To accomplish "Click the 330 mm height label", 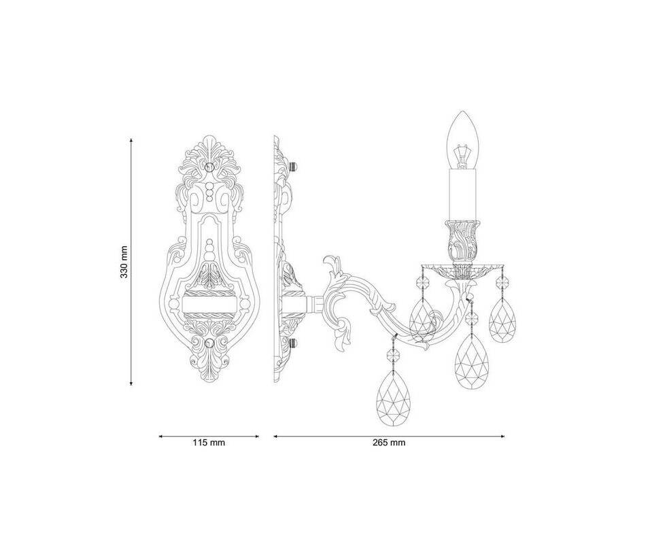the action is (x=124, y=262).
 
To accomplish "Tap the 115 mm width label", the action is (x=209, y=443).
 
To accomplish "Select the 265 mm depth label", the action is (x=389, y=443).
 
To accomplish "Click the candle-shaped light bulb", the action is (x=462, y=140).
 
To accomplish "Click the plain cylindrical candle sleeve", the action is (x=462, y=194).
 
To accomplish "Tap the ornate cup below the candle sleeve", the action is (x=462, y=241).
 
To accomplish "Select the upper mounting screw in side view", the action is (x=292, y=166).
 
